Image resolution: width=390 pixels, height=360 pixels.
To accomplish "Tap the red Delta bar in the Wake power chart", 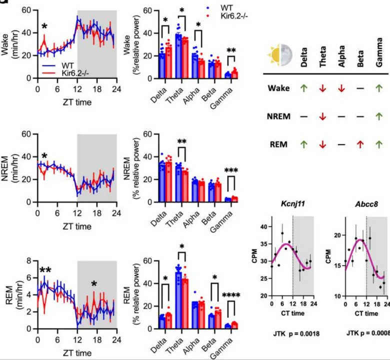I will (168, 62).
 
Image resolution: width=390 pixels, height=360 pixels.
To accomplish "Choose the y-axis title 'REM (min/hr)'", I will (9, 293).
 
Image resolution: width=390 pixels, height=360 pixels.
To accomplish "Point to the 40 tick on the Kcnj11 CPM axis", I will (263, 226).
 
